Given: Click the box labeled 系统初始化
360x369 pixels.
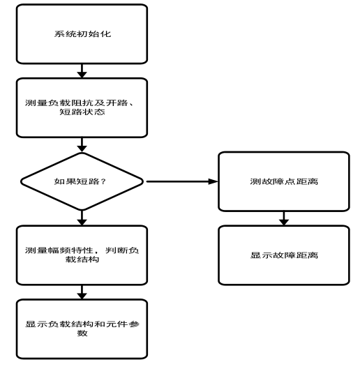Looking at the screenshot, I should (x=82, y=33).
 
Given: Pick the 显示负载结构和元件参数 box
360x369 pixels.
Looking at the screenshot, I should (x=82, y=329).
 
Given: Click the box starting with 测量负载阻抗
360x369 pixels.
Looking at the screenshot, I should (x=82, y=107).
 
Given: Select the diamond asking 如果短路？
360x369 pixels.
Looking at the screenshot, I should (x=82, y=183).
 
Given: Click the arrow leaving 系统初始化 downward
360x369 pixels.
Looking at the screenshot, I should (x=82, y=70).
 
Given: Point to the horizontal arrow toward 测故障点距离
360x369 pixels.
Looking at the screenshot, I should (x=181, y=183).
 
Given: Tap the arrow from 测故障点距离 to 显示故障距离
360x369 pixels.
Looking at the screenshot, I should (x=283, y=219).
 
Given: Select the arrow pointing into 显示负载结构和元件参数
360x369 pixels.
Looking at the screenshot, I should (x=82, y=292).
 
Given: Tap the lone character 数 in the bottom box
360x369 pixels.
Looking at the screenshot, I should (x=82, y=334).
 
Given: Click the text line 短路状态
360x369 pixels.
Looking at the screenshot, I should (x=82, y=114).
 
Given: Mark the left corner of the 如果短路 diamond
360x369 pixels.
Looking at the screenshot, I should (x=21, y=183).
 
